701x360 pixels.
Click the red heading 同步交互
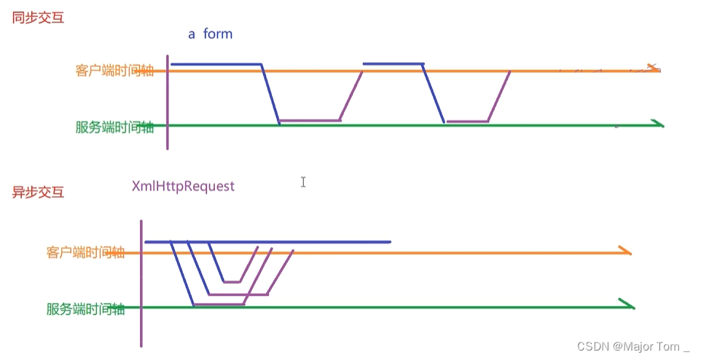(x=38, y=17)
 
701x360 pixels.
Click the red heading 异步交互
(x=38, y=192)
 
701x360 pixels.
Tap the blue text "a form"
(x=211, y=34)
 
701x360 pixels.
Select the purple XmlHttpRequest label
(x=183, y=187)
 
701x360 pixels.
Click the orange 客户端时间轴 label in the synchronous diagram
(x=114, y=71)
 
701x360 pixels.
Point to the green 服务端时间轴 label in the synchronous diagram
(x=114, y=126)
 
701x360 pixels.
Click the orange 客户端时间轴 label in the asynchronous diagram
(x=85, y=253)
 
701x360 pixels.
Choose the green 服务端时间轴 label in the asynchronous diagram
(x=85, y=309)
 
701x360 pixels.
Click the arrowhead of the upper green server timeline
(x=658, y=125)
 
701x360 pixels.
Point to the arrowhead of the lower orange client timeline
(x=624, y=252)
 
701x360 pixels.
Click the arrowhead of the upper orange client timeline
(x=653, y=69)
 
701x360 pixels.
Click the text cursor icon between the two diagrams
(x=303, y=181)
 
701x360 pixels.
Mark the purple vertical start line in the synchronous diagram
(x=168, y=102)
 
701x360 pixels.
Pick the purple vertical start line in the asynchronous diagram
(x=141, y=284)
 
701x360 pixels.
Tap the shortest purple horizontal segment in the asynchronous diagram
(x=232, y=281)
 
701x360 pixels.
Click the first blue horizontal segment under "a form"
(x=216, y=64)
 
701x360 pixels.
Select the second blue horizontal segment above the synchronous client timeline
(x=393, y=64)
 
